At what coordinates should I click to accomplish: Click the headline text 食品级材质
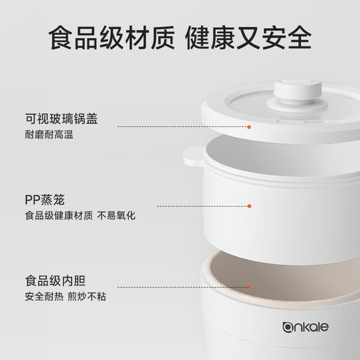point(112,38)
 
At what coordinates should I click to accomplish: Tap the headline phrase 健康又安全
point(248,38)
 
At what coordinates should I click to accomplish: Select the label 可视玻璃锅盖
point(61,119)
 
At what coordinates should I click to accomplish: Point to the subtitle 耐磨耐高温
point(49,135)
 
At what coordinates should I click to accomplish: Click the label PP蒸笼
point(45,199)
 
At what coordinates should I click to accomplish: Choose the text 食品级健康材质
point(59,216)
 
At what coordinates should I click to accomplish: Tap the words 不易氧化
point(116,216)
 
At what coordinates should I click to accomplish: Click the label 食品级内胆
point(55,280)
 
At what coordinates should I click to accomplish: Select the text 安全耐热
point(44,297)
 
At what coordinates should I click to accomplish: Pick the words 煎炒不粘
point(87,297)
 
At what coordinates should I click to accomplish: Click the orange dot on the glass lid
point(249,127)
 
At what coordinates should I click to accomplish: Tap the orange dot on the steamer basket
point(249,206)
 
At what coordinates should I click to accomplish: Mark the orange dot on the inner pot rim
point(250,287)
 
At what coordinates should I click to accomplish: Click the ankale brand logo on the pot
point(306,327)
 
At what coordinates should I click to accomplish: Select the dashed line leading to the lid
point(182,127)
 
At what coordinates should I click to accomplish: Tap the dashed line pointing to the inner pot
point(183,287)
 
